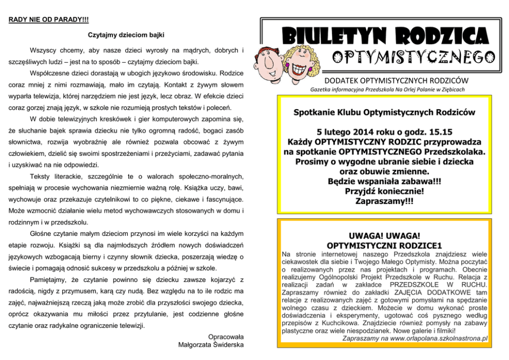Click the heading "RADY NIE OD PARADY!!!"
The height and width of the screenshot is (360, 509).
coord(48,19)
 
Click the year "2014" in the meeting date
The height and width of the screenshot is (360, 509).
coord(357,131)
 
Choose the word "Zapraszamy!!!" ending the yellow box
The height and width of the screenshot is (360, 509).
coord(384,201)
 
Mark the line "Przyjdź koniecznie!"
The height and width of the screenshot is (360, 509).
coord(384,191)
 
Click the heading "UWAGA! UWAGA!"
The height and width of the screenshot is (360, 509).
coord(384,235)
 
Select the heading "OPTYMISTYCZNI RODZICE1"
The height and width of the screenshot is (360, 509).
coord(384,245)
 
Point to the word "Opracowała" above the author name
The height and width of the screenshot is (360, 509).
coord(226,336)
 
